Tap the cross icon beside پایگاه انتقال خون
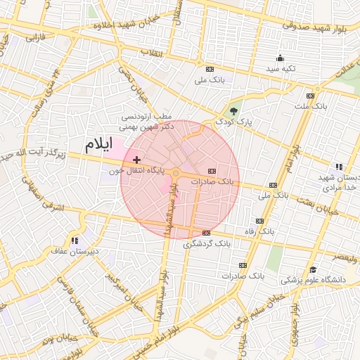(136, 161)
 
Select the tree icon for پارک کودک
(233, 111)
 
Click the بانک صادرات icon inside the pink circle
(212, 171)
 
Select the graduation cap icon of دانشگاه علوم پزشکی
(313, 269)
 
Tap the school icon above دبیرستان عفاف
(74, 240)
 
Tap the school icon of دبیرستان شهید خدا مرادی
(339, 167)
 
